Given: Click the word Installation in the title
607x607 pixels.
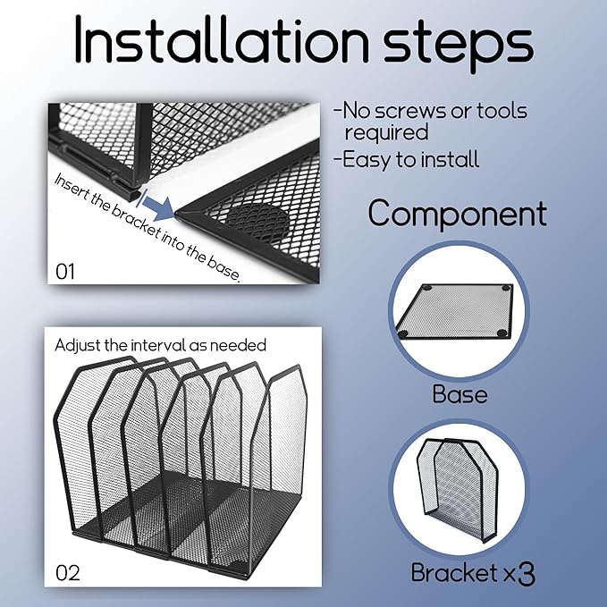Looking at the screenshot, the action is click(x=222, y=39).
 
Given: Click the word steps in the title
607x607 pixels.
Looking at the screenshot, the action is click(x=459, y=43).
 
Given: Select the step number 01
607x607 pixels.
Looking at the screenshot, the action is click(x=65, y=272).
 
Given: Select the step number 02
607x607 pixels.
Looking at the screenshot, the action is click(x=68, y=573).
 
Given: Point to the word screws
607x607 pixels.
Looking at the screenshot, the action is click(x=410, y=111).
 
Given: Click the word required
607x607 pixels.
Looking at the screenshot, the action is click(x=387, y=132).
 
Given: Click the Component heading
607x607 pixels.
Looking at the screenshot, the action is click(x=458, y=214).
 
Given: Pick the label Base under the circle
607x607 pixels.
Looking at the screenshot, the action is click(x=459, y=394).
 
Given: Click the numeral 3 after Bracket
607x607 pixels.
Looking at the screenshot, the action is click(x=527, y=574).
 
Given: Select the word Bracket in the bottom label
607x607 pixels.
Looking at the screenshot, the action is click(x=454, y=572).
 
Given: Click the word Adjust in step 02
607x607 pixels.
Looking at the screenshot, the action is click(x=78, y=345).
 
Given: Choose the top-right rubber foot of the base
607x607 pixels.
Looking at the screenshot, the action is click(x=507, y=288).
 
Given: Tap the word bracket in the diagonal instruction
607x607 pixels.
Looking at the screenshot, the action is click(x=136, y=220).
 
